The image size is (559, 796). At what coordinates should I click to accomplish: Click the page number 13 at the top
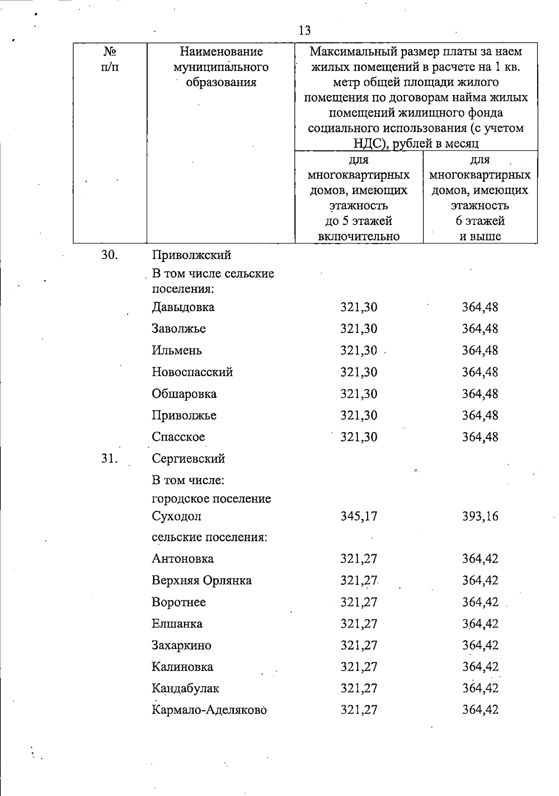305,31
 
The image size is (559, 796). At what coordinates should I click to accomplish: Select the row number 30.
109,255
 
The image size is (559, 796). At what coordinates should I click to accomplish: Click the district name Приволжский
191,255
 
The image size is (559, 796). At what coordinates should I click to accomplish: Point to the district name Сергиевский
188,459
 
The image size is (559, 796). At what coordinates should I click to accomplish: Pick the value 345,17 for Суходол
359,516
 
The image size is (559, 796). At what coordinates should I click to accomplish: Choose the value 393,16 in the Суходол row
480,516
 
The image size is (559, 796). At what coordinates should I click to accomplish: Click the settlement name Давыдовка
183,307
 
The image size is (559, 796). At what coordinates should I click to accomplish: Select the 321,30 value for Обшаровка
359,394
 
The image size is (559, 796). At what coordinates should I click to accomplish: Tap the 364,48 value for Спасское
480,437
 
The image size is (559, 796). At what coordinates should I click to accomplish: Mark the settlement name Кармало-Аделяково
209,710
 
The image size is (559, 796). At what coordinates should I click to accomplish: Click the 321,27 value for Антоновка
359,559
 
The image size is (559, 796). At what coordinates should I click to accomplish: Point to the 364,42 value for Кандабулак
480,688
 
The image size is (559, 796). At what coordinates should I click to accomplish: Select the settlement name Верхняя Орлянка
202,580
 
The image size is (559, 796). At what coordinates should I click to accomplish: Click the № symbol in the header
109,52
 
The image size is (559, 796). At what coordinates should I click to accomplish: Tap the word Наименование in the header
221,52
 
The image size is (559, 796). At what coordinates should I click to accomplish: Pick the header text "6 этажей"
480,221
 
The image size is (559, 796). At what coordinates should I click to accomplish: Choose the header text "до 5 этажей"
359,221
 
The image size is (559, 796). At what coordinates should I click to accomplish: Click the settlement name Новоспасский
192,372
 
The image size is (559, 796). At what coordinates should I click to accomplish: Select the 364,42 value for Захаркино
480,646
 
